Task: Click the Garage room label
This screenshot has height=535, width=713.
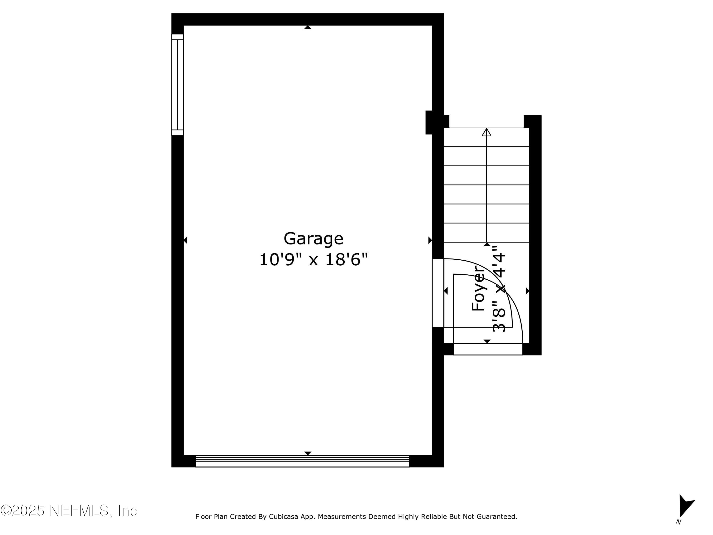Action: pyautogui.click(x=313, y=239)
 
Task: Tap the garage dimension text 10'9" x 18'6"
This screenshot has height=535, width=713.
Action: pyautogui.click(x=313, y=260)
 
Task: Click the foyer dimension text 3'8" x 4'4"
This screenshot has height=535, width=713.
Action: pyautogui.click(x=499, y=289)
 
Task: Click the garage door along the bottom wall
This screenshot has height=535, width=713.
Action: pyautogui.click(x=302, y=461)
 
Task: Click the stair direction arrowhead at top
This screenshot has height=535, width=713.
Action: pyautogui.click(x=487, y=132)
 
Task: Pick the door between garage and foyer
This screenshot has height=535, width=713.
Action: pyautogui.click(x=438, y=293)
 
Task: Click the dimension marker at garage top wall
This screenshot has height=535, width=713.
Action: pyautogui.click(x=308, y=27)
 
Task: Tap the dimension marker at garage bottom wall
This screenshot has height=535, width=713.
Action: pyautogui.click(x=308, y=453)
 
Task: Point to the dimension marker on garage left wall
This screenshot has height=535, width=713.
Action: pyautogui.click(x=185, y=240)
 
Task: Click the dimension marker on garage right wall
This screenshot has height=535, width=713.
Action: pyautogui.click(x=430, y=240)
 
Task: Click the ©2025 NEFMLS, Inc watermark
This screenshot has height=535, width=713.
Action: pyautogui.click(x=69, y=511)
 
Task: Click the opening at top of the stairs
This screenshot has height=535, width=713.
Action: pyautogui.click(x=487, y=121)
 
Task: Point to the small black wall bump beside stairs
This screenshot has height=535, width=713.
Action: pyautogui.click(x=429, y=122)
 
